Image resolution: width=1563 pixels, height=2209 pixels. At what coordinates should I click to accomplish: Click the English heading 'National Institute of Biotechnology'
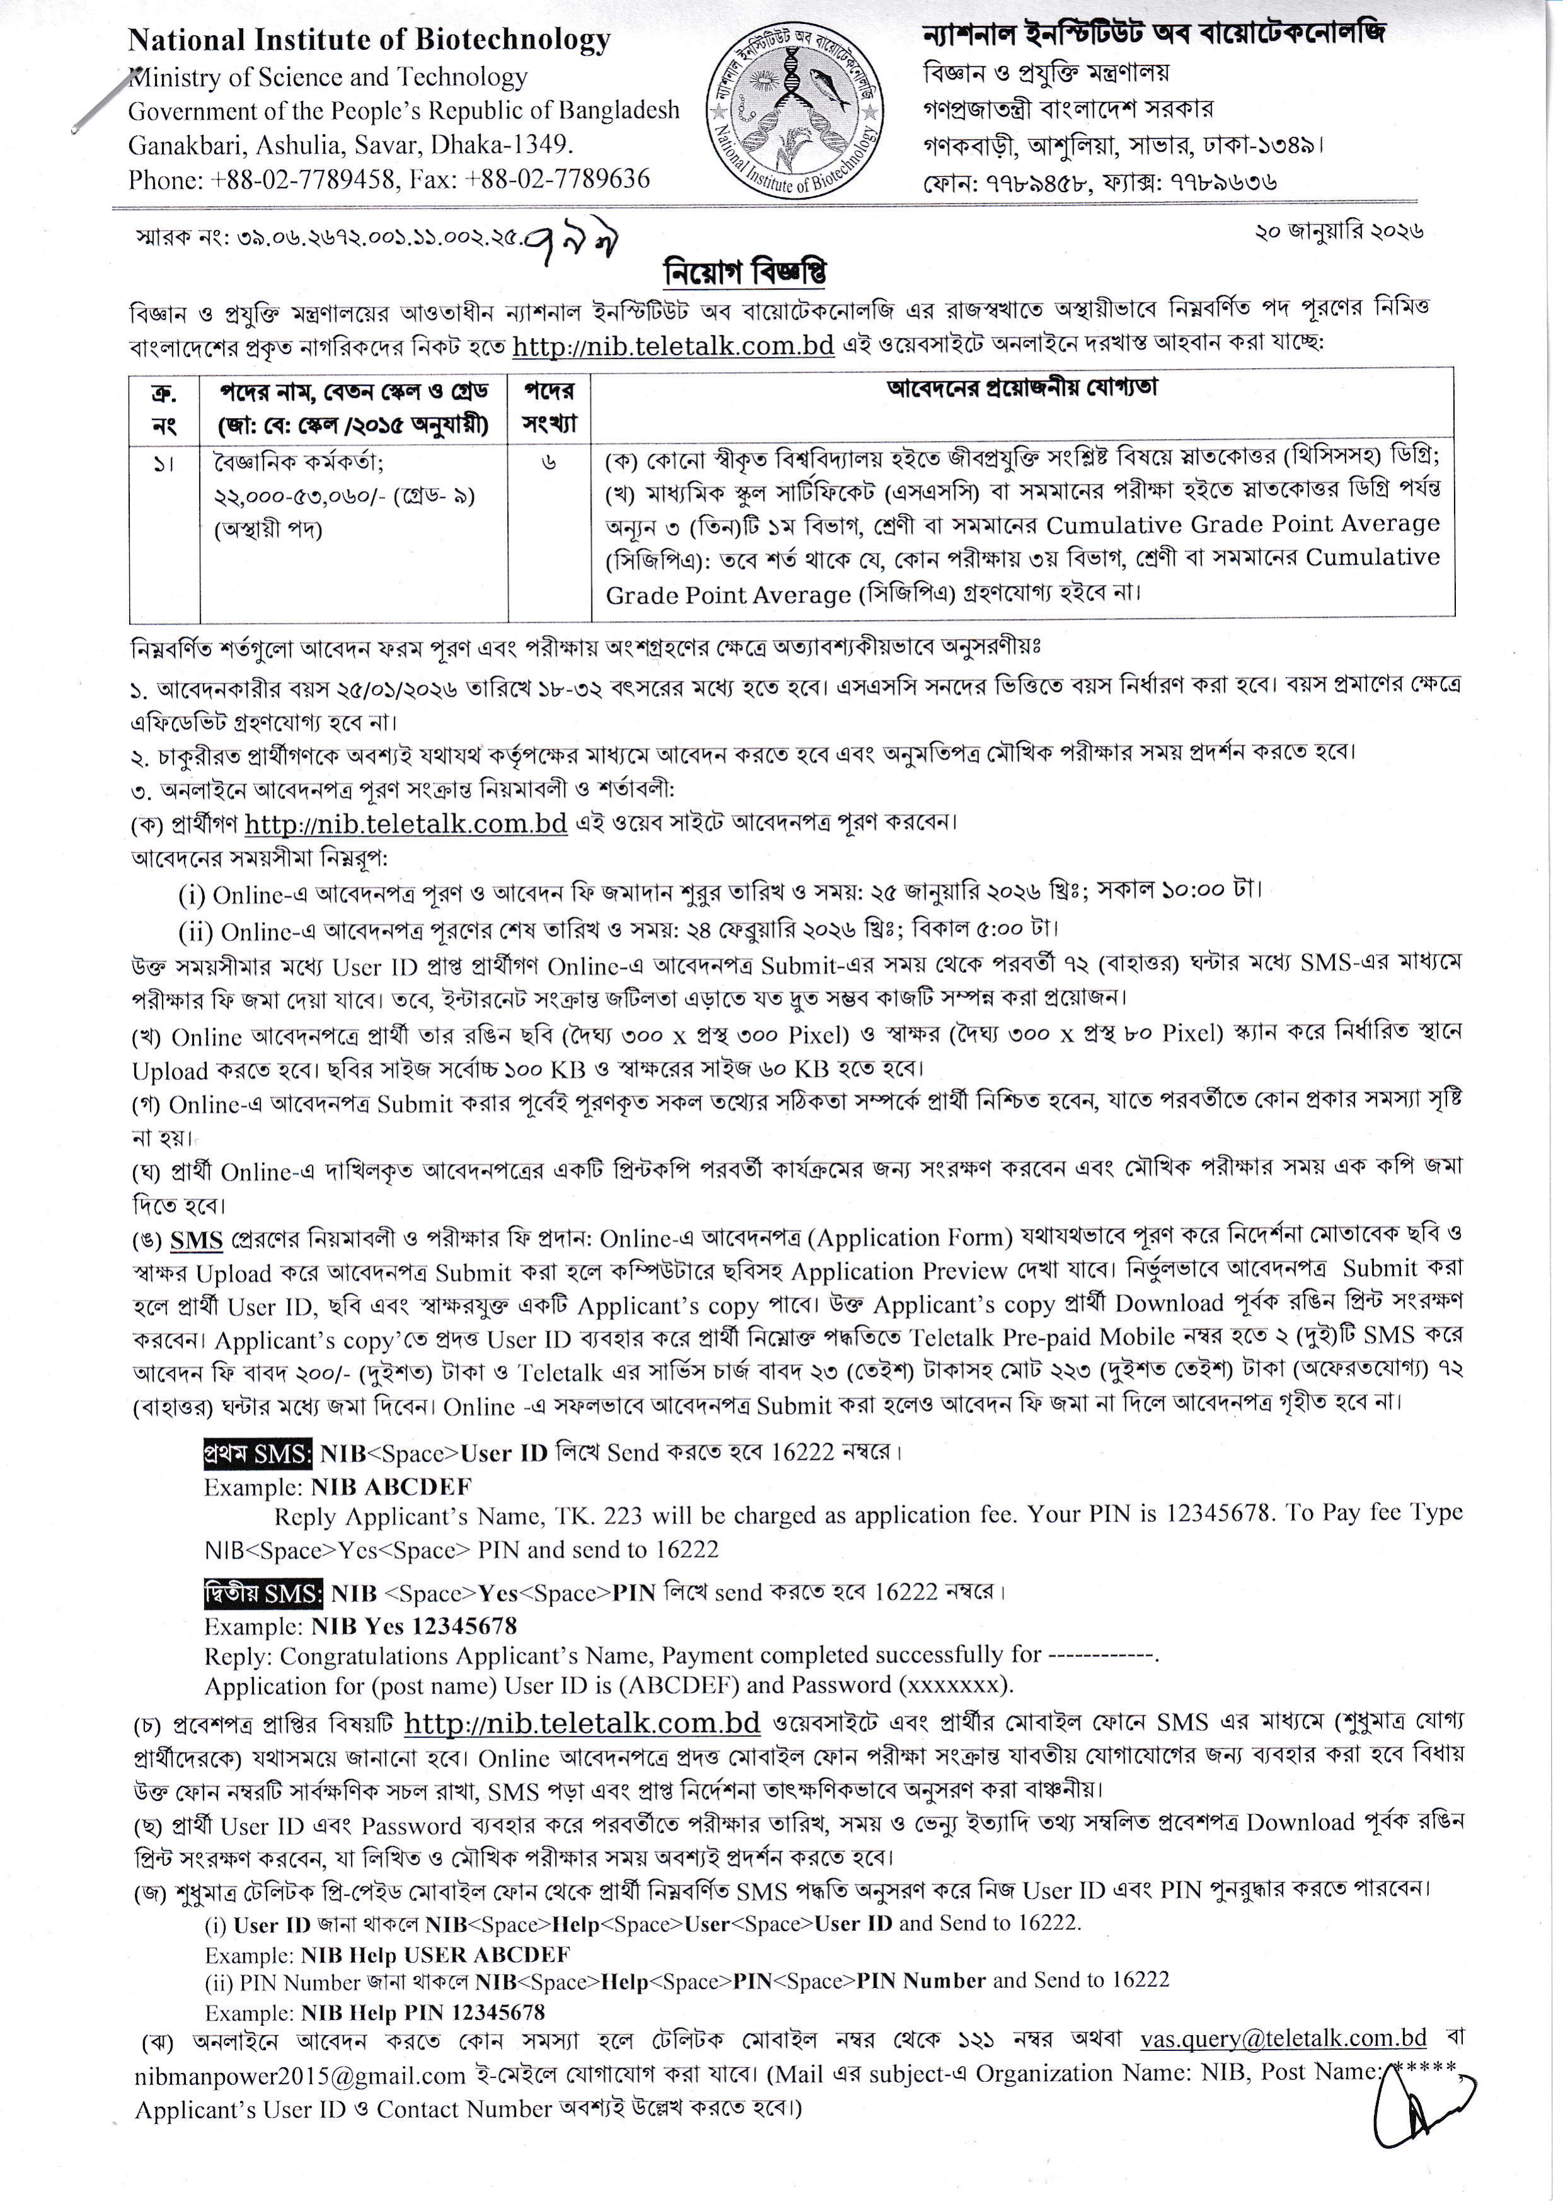(x=370, y=40)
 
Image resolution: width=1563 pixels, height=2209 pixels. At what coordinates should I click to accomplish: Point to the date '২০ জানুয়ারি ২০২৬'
(x=1339, y=232)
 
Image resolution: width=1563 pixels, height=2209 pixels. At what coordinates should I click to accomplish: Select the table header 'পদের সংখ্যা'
(x=549, y=407)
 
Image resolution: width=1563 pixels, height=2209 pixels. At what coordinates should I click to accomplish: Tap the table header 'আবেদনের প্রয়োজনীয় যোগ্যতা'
(x=1021, y=388)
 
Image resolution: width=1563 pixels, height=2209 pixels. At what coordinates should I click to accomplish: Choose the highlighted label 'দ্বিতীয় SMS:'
(x=263, y=1593)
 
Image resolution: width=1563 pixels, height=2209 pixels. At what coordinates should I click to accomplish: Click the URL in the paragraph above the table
(x=673, y=346)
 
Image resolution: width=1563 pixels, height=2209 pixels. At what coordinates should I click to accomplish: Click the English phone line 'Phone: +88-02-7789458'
(x=265, y=179)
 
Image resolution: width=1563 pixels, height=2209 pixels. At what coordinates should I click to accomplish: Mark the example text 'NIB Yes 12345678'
(x=414, y=1626)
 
